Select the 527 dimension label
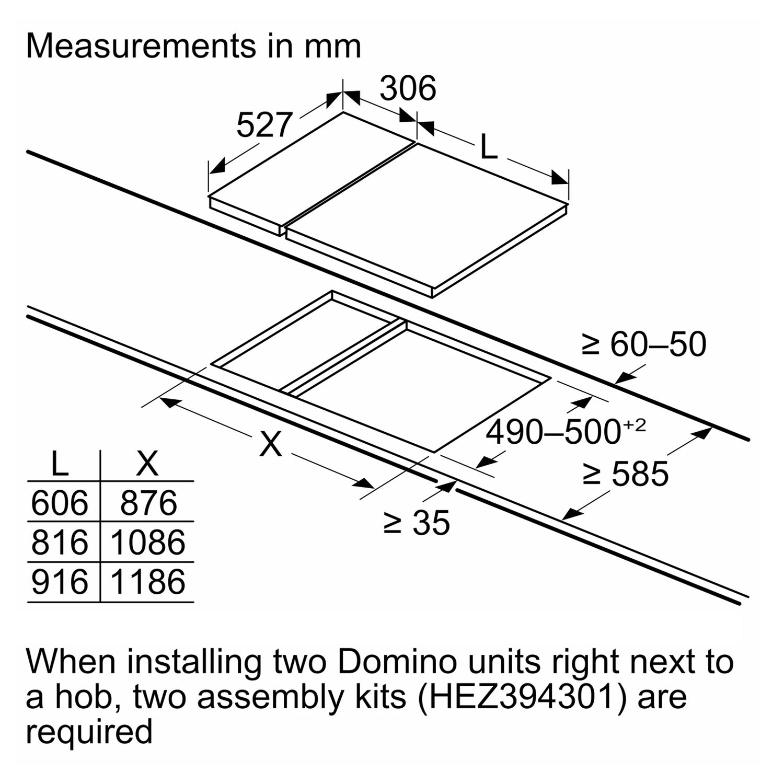point(264,125)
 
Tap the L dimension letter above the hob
point(488,147)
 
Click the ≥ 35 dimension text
point(417,522)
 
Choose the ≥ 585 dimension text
point(626,474)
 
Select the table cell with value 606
point(60,503)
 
